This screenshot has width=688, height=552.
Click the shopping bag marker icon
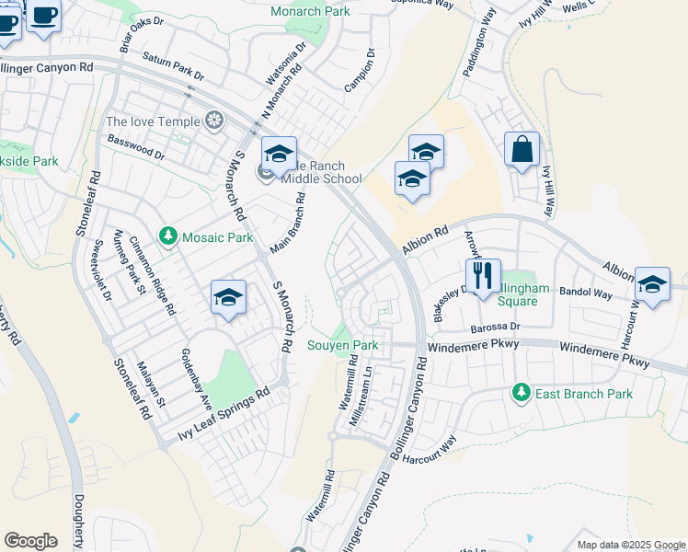pos(522,149)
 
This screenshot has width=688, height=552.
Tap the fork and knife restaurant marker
pos(483,273)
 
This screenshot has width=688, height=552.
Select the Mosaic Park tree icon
pos(168,237)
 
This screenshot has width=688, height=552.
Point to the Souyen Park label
pos(342,346)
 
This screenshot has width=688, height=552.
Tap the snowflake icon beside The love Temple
pos(214,121)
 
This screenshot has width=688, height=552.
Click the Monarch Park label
pos(310,11)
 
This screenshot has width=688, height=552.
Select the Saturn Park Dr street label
pos(173,66)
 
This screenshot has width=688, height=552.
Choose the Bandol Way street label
pos(586,293)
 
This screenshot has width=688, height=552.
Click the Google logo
pos(30,541)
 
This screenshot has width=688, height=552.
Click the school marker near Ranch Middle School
pos(280,154)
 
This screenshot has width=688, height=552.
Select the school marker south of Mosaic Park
pos(228,297)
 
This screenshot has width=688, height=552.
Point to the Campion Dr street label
pos(360,71)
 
